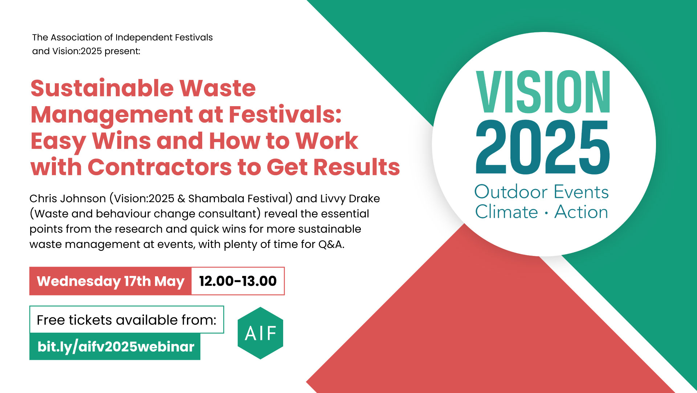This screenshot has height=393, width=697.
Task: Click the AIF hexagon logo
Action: pyautogui.click(x=260, y=333)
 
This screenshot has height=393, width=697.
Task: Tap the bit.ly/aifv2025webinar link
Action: pyautogui.click(x=115, y=347)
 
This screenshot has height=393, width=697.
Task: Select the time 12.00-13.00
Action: pyautogui.click(x=238, y=281)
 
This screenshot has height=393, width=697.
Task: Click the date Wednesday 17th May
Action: pyautogui.click(x=110, y=281)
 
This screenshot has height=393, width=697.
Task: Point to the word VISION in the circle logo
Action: pyautogui.click(x=543, y=92)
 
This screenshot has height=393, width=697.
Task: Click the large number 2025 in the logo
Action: pyautogui.click(x=543, y=147)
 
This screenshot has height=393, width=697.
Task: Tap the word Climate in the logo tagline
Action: pyautogui.click(x=506, y=212)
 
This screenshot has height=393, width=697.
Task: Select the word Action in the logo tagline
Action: pyautogui.click(x=581, y=212)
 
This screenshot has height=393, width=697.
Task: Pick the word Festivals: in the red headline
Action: pyautogui.click(x=285, y=115)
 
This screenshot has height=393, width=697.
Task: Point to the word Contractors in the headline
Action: pyautogui.click(x=159, y=167)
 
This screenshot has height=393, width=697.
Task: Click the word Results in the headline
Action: pyautogui.click(x=356, y=167)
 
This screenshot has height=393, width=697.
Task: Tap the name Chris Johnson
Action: pyautogui.click(x=68, y=198)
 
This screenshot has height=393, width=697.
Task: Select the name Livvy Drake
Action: pyautogui.click(x=350, y=198)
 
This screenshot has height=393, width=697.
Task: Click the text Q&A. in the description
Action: pyautogui.click(x=331, y=244)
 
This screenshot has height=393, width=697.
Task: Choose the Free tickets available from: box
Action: pyautogui.click(x=126, y=320)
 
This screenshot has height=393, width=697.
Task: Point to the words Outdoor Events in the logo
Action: pyautogui.click(x=541, y=192)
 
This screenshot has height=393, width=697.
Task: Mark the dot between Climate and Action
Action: pyautogui.click(x=546, y=213)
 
